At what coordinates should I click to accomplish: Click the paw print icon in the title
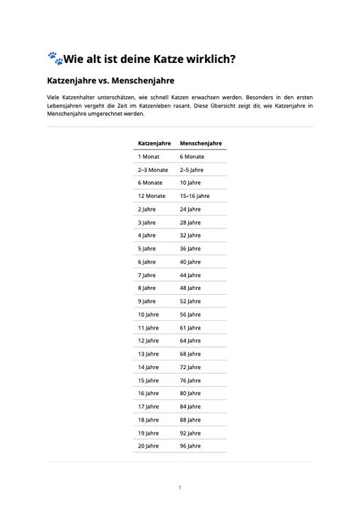pos(54,59)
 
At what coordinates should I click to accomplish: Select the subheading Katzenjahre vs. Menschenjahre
pos(110,81)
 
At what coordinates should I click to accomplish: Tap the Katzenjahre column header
pos(153,144)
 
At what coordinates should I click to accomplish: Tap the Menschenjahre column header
pos(201,144)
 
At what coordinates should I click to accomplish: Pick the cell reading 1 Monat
pos(149,156)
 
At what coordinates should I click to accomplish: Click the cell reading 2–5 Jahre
pos(192,170)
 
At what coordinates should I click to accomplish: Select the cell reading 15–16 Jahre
pos(194,196)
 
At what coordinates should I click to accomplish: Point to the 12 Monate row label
pos(152,196)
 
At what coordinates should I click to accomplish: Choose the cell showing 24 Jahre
pos(190,209)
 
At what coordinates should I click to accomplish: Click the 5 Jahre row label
pos(147,249)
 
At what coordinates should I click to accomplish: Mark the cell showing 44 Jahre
pos(190,275)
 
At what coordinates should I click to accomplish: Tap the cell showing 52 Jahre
pos(190,301)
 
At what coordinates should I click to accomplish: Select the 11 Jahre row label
pos(149,328)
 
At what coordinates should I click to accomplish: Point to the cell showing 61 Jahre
pos(190,328)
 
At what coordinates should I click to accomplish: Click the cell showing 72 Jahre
pos(190,368)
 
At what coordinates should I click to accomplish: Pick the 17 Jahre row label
pos(149,406)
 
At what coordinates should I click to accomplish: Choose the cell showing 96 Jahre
pos(190,446)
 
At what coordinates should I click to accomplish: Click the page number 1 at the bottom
pos(180,488)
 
